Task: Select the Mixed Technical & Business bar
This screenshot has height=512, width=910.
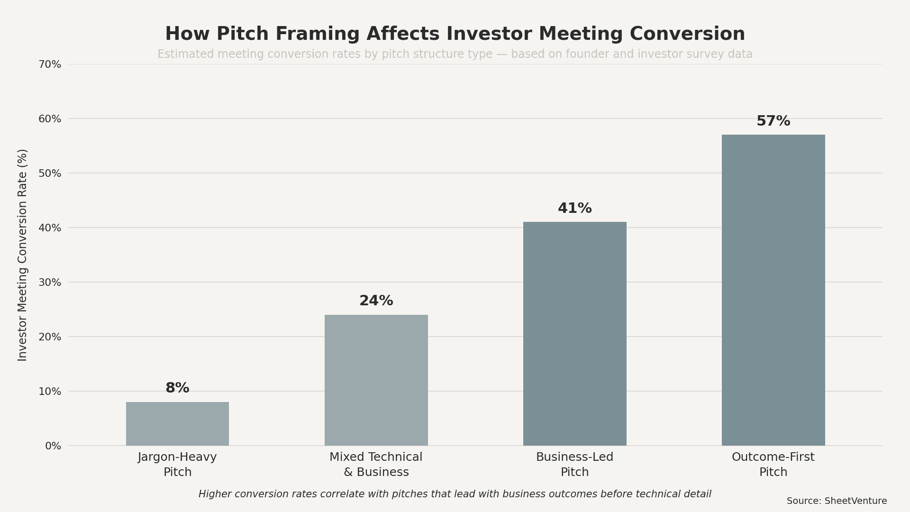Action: [x=376, y=380]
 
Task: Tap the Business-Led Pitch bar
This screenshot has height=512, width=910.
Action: [x=574, y=333]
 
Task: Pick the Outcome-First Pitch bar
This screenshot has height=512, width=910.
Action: [x=773, y=290]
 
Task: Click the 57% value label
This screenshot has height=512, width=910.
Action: [x=773, y=121]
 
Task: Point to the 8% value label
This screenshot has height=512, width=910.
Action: [x=177, y=388]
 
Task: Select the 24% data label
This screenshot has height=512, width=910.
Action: [x=376, y=301]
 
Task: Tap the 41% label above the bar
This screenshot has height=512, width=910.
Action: [x=574, y=209]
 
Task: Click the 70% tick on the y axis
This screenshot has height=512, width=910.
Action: [x=50, y=64]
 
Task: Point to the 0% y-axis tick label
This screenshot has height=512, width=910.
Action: [x=53, y=446]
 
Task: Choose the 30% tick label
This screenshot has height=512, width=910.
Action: [x=50, y=283]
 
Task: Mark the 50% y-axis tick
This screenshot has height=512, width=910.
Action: [x=50, y=174]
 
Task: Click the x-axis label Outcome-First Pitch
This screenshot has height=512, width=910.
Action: [x=773, y=465]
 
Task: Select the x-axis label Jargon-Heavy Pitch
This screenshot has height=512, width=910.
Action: [x=177, y=465]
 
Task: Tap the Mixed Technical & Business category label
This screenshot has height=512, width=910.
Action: [x=376, y=465]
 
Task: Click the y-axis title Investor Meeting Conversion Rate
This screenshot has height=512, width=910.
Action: [x=22, y=255]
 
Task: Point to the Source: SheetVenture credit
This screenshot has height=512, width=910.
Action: [x=837, y=501]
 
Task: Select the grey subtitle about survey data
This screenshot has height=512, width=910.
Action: [x=455, y=54]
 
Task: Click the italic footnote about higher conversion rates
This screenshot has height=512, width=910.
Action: [x=455, y=494]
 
